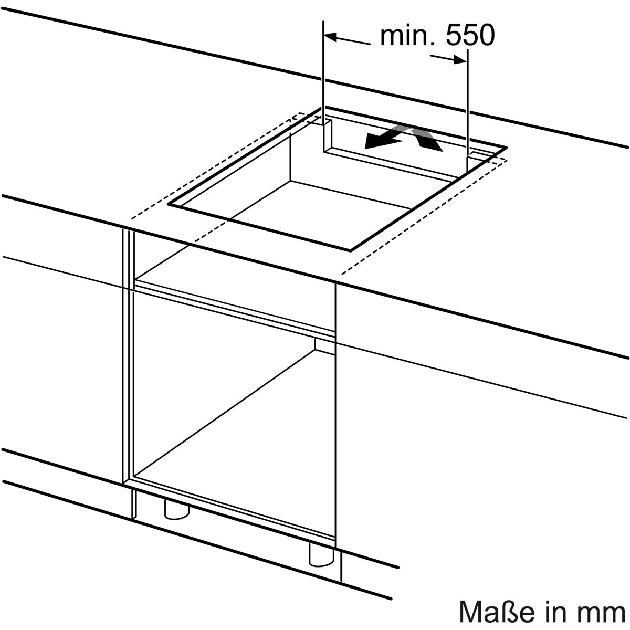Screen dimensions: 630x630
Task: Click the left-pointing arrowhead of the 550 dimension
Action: tap(330, 37)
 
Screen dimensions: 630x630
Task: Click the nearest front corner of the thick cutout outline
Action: tap(351, 250)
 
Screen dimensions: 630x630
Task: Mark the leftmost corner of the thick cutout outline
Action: tap(169, 204)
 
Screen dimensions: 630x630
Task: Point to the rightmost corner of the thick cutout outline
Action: tap(506, 148)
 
